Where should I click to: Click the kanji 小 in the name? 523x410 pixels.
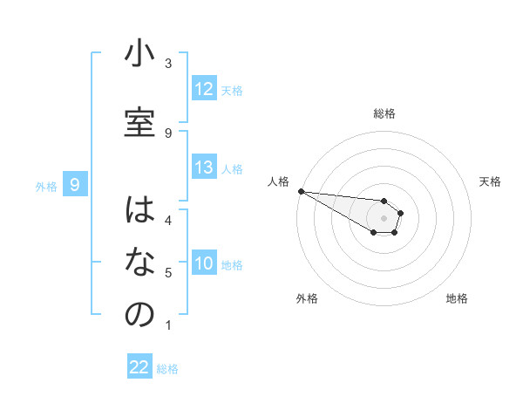tap(139, 55)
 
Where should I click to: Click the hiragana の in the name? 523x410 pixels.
tap(139, 315)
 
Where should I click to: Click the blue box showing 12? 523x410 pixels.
tap(204, 89)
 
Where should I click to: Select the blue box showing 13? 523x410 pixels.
tap(204, 168)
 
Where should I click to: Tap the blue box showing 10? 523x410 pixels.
tap(204, 264)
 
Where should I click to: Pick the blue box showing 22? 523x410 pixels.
tap(140, 367)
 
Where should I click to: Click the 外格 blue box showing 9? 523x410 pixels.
tap(76, 185)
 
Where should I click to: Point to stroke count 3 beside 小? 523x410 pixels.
tap(168, 64)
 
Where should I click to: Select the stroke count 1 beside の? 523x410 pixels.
tap(168, 325)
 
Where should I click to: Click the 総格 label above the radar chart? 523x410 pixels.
tap(384, 113)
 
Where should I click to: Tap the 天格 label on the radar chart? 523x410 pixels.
tap(490, 181)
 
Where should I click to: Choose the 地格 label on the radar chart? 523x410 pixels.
tap(457, 298)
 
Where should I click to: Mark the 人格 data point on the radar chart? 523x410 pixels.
tap(301, 191)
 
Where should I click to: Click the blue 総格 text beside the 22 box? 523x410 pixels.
tap(167, 369)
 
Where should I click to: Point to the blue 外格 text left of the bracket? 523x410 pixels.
tap(46, 186)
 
